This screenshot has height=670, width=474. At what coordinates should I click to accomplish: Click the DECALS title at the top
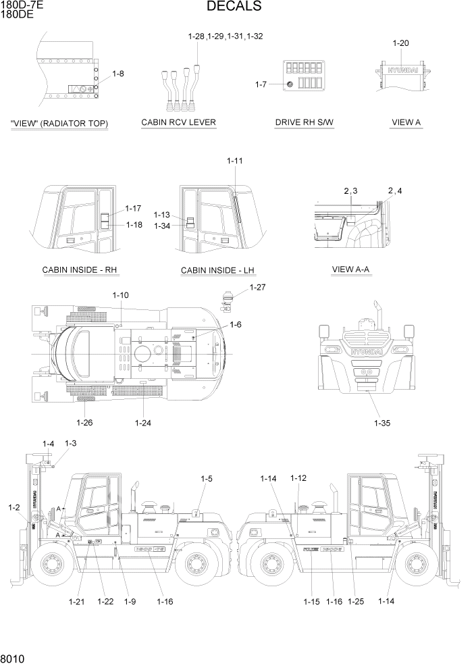pos(234,7)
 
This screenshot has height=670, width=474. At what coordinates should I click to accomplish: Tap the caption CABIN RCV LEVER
pos(178,122)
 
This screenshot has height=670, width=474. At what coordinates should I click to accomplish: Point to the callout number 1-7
pos(261,84)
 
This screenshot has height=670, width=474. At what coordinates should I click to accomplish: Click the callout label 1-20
pos(400,43)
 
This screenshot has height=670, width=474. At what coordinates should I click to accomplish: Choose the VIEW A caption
pos(406,122)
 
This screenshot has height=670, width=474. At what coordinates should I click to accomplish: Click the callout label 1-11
pos(235,161)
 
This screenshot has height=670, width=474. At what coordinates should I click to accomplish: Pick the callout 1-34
pos(162,226)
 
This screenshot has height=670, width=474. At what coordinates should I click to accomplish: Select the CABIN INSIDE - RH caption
pos(80,270)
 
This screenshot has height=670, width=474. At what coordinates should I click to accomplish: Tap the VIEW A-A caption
pos(351,269)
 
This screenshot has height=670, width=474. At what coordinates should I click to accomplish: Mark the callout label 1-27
pos(257,288)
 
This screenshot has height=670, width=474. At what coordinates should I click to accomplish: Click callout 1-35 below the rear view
pos(381,423)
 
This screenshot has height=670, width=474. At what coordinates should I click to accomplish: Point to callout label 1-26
pos(84,423)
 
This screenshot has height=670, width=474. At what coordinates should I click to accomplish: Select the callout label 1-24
pos(142,423)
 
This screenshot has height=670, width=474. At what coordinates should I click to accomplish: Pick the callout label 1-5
pos(207,478)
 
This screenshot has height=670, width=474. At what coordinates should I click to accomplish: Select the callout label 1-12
pos(298,478)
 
